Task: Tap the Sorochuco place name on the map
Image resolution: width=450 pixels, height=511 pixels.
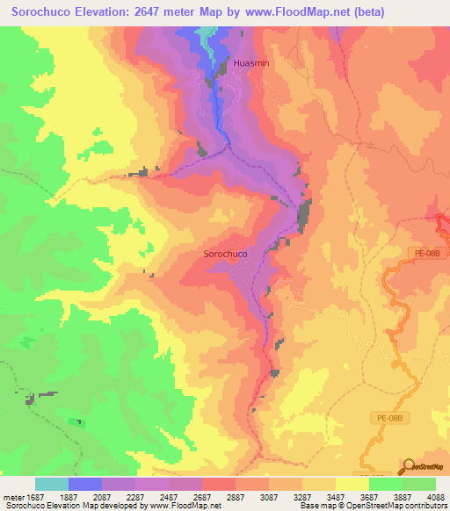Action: tap(225, 254)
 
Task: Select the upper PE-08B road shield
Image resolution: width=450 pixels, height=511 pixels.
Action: tap(427, 254)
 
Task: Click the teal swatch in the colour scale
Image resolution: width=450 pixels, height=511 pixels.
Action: tap(52, 484)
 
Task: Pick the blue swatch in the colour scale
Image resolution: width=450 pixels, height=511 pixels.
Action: tap(85, 484)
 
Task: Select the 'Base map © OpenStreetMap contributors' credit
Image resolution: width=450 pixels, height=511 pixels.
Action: tap(374, 507)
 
